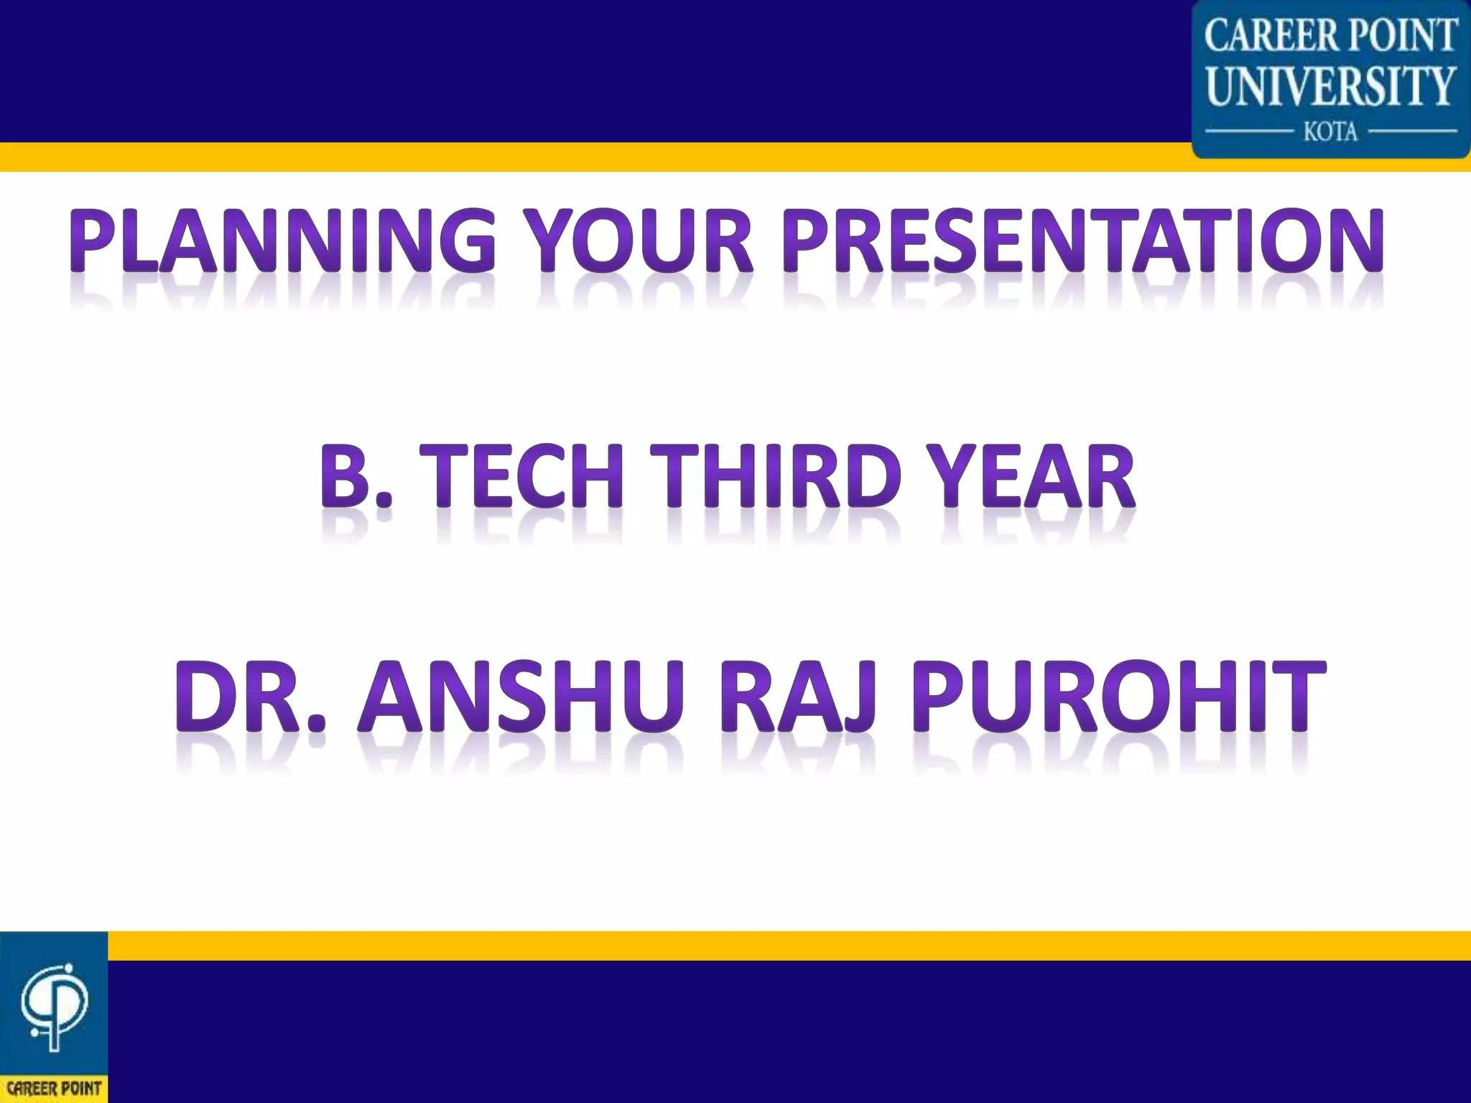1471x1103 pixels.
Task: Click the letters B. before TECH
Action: pyautogui.click(x=356, y=476)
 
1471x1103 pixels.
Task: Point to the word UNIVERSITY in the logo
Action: pyautogui.click(x=1331, y=86)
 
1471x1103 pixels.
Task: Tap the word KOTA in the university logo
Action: pyautogui.click(x=1331, y=132)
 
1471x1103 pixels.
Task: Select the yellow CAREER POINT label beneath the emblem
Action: pyautogui.click(x=54, y=1088)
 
